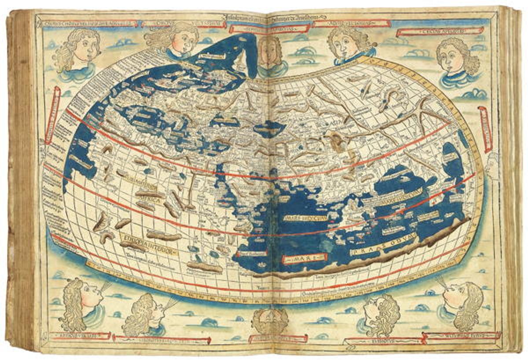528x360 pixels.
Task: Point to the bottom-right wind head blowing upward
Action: point(462,304)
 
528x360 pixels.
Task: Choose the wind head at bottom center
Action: point(269,320)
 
